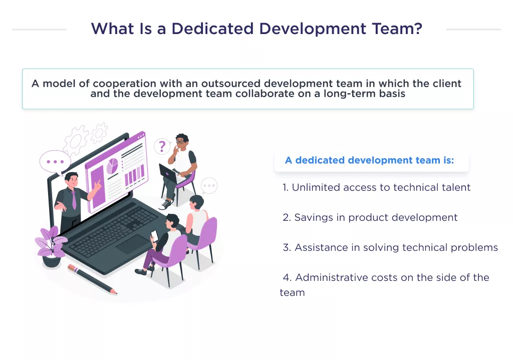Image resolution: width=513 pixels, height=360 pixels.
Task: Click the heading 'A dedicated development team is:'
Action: [x=369, y=161]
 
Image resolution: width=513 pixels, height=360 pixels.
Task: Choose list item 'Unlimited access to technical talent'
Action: [x=376, y=188]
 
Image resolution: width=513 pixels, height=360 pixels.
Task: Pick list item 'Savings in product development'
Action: [x=370, y=218]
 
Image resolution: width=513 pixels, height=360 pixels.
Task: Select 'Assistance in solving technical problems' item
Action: [x=390, y=248]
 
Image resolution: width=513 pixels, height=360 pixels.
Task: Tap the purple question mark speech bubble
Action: [x=161, y=146]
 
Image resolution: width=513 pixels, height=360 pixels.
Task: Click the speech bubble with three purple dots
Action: [x=55, y=162]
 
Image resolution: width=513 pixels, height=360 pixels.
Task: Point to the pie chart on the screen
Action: [x=113, y=166]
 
